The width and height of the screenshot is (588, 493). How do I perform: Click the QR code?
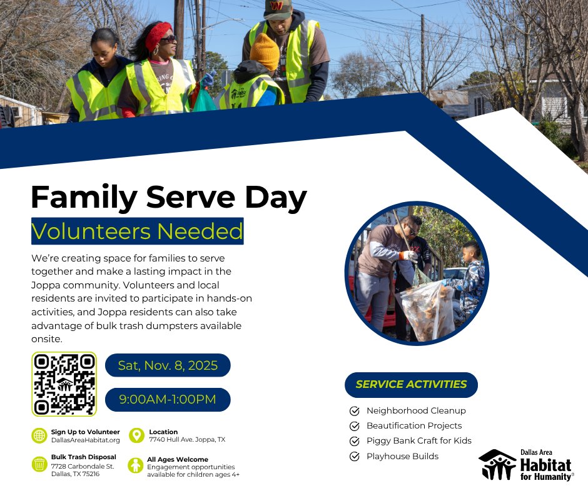pyautogui.click(x=64, y=384)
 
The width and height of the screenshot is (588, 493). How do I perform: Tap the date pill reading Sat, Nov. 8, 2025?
pyautogui.click(x=168, y=365)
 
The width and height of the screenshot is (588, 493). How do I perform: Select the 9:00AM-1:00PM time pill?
pyautogui.click(x=168, y=399)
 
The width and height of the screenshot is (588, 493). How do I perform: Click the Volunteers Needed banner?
pyautogui.click(x=137, y=231)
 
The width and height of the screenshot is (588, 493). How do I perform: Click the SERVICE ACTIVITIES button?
pyautogui.click(x=411, y=384)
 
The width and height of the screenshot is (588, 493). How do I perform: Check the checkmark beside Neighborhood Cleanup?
pyautogui.click(x=355, y=411)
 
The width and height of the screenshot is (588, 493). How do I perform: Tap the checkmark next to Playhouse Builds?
pyautogui.click(x=355, y=456)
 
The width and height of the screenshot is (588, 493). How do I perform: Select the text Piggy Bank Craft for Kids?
pyautogui.click(x=418, y=440)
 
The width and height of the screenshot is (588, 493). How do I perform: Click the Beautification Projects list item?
pyautogui.click(x=414, y=425)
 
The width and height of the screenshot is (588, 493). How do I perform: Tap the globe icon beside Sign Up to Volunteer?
pyautogui.click(x=39, y=435)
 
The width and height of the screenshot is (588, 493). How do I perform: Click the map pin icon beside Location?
pyautogui.click(x=136, y=435)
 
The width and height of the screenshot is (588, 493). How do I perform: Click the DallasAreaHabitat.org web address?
pyautogui.click(x=85, y=440)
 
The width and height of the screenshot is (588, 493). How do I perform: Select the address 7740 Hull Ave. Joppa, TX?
pyautogui.click(x=186, y=440)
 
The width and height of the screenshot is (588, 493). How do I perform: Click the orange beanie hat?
pyautogui.click(x=265, y=51)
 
